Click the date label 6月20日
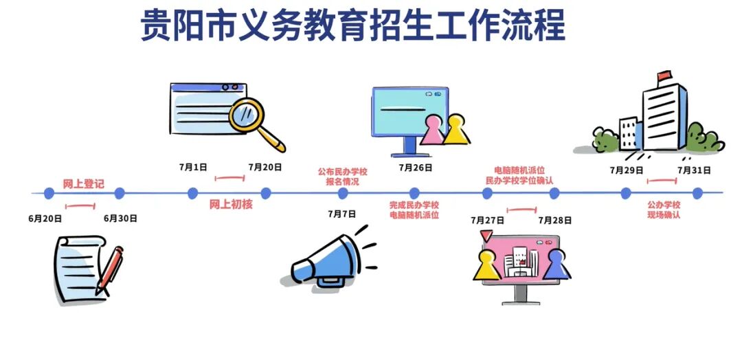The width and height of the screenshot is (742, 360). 46,219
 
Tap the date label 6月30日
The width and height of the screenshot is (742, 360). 121,219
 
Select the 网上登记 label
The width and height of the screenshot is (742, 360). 83,183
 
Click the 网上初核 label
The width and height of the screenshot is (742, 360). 231,203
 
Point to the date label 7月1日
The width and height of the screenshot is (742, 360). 193,167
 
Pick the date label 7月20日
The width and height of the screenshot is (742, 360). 265,167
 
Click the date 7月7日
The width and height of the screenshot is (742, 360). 342,214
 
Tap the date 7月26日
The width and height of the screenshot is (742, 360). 415,167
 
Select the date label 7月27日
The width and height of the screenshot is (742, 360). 487,220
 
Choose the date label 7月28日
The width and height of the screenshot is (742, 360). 555,220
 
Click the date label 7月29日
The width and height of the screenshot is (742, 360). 627,170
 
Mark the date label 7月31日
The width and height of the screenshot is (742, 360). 694,170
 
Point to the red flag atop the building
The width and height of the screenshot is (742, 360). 664,75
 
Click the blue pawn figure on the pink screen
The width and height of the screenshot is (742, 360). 556,265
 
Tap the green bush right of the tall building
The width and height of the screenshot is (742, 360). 704,138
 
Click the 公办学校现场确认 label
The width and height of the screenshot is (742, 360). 663,210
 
